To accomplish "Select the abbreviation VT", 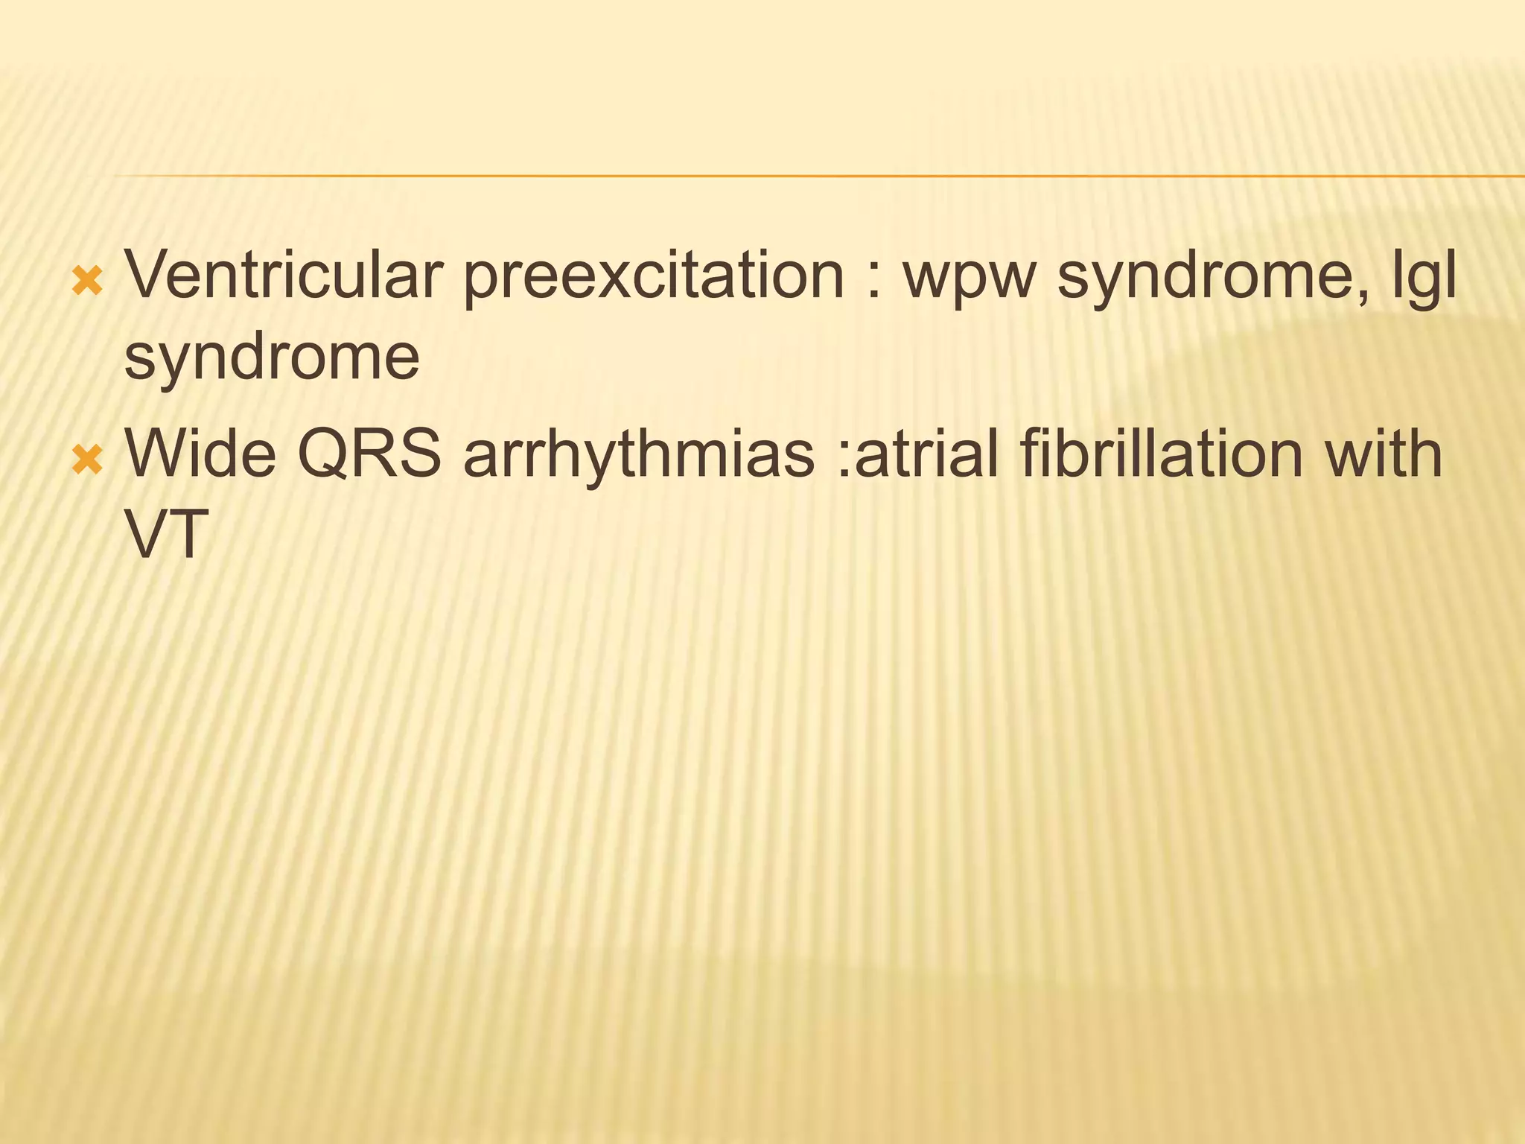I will pos(165,535).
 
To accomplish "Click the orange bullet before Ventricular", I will pos(87,282).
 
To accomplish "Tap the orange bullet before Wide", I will pos(87,460).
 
